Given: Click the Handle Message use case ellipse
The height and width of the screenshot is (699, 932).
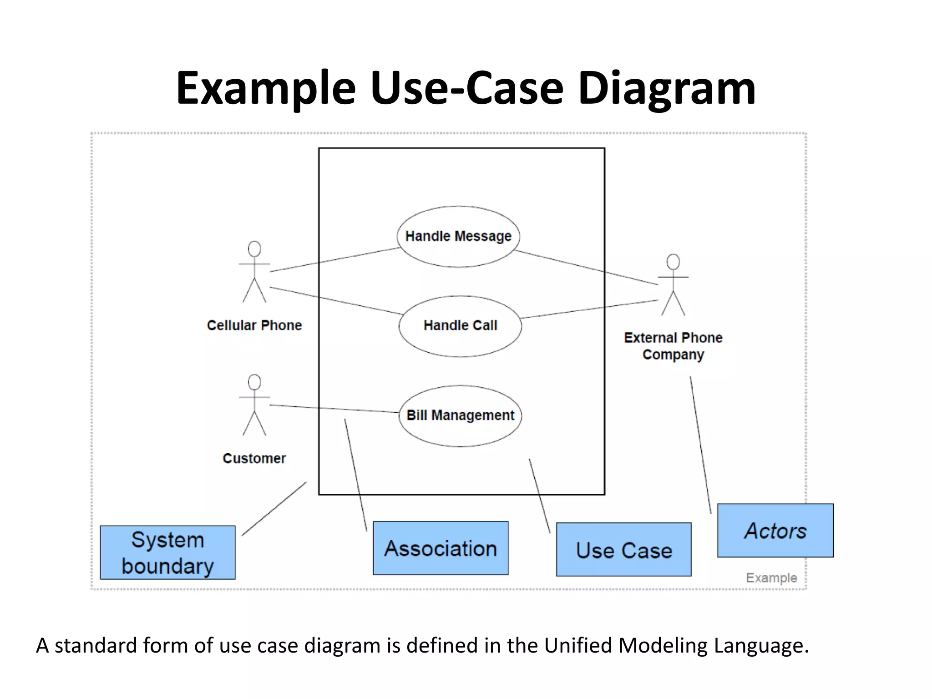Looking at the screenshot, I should click(x=458, y=236).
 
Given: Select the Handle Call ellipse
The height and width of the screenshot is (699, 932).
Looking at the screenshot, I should click(x=460, y=326).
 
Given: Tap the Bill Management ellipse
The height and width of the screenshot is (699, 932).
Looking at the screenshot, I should click(x=460, y=415).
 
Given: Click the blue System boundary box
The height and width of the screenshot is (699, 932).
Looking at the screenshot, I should click(x=167, y=552).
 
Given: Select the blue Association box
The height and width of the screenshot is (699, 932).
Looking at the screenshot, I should click(x=441, y=548).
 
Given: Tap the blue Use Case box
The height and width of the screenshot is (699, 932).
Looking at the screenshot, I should click(x=623, y=549).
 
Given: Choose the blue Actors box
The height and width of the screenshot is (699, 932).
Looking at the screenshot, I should click(x=775, y=530).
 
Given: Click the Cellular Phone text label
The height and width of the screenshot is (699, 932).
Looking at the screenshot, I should click(x=254, y=325).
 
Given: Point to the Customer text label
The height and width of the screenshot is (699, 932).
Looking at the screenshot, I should click(x=254, y=458).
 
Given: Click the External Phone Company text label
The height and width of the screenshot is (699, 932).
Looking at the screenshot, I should click(x=673, y=346).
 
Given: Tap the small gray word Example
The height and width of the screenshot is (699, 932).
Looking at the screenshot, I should click(x=771, y=577).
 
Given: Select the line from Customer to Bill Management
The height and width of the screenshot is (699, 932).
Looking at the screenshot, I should click(x=334, y=409).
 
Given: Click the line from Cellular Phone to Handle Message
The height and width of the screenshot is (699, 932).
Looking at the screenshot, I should click(x=334, y=260).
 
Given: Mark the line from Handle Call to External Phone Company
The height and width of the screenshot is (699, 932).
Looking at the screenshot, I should click(x=589, y=309).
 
